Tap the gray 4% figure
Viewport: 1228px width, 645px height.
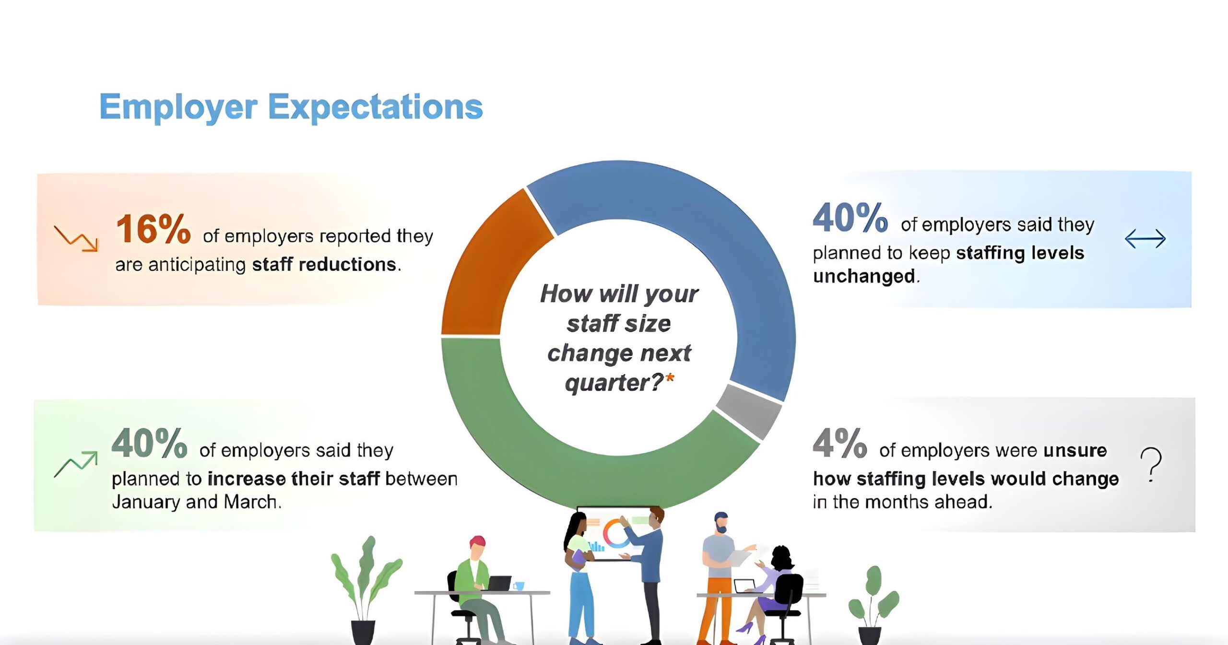[839, 444]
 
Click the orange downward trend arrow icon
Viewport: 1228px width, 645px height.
[76, 238]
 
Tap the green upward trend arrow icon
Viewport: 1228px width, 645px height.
[76, 464]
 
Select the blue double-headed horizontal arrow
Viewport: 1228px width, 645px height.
[1145, 238]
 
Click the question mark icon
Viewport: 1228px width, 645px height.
[1151, 464]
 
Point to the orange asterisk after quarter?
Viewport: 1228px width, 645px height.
[670, 378]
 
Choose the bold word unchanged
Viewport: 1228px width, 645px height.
[864, 277]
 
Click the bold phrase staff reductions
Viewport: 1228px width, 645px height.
[324, 265]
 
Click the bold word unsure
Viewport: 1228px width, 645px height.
[1075, 450]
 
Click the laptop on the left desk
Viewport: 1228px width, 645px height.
[499, 583]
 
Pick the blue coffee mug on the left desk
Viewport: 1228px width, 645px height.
[519, 586]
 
